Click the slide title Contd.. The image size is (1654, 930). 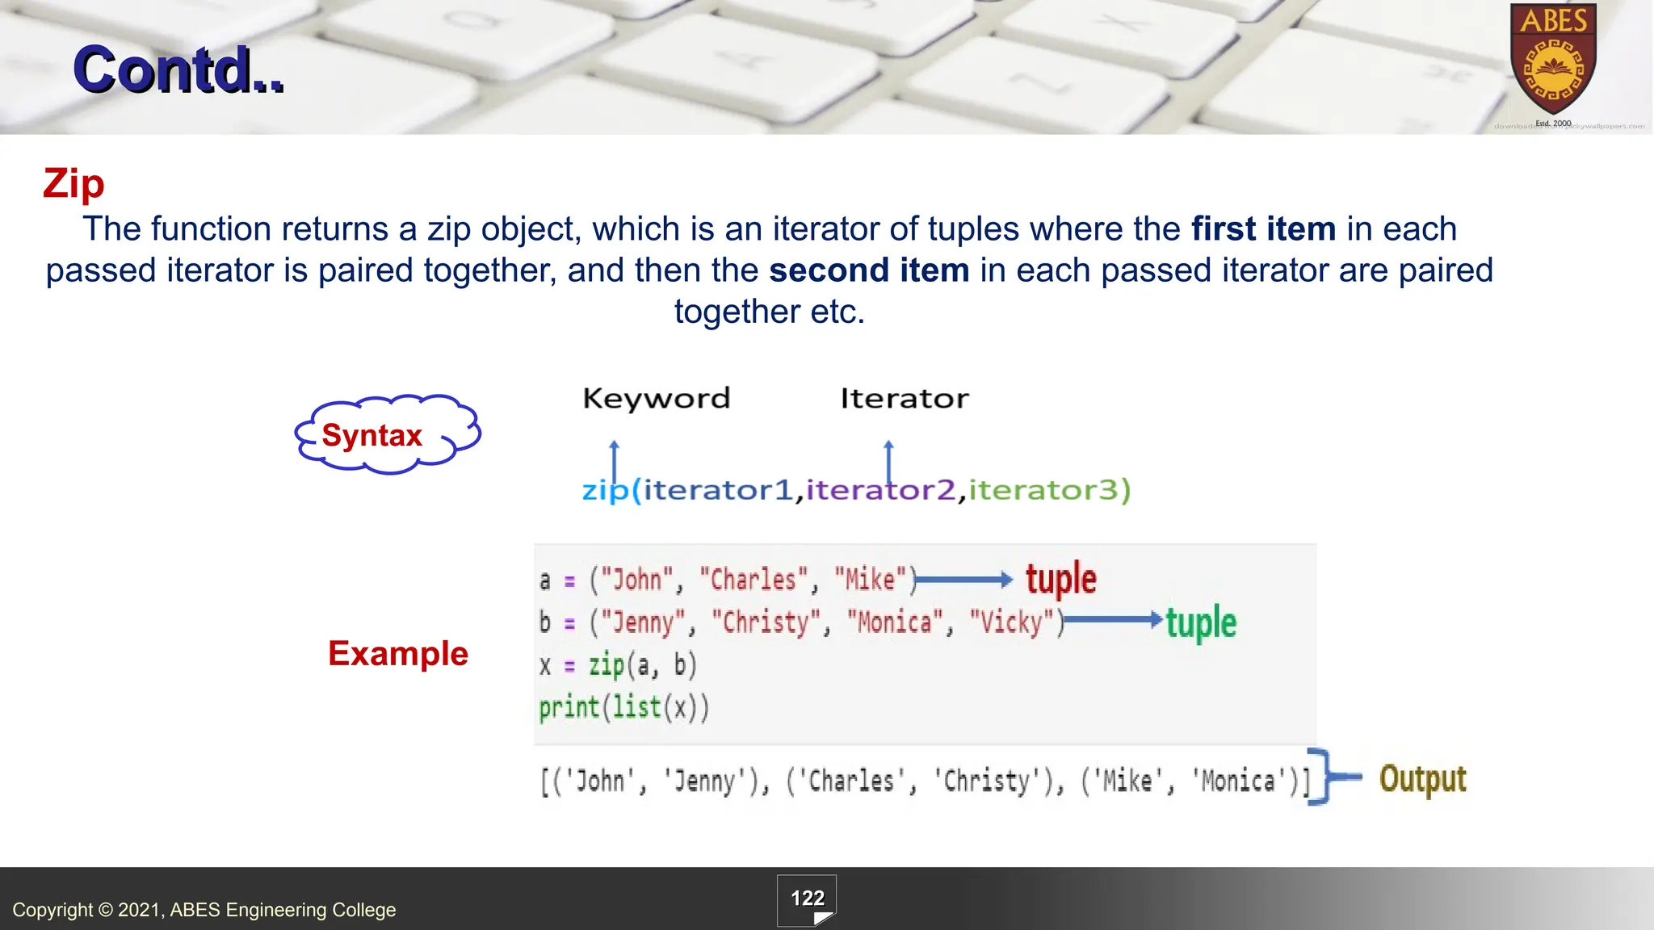(x=178, y=70)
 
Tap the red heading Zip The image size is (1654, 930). (x=73, y=183)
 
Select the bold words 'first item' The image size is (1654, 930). (x=1263, y=229)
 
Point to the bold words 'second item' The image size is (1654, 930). (x=869, y=270)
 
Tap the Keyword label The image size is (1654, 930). (x=656, y=398)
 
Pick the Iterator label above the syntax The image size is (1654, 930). (x=904, y=398)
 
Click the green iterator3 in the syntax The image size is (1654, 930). (x=1045, y=489)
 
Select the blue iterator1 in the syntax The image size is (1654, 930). (x=718, y=489)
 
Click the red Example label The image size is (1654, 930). (x=398, y=653)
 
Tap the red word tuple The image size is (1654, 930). (x=1061, y=579)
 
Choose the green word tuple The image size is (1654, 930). (x=1201, y=622)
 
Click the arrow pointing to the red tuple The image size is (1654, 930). (x=963, y=580)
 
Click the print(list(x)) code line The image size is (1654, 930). (x=624, y=707)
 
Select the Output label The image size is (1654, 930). (x=1422, y=779)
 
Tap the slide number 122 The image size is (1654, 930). (x=807, y=899)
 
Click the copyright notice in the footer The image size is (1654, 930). (x=204, y=910)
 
